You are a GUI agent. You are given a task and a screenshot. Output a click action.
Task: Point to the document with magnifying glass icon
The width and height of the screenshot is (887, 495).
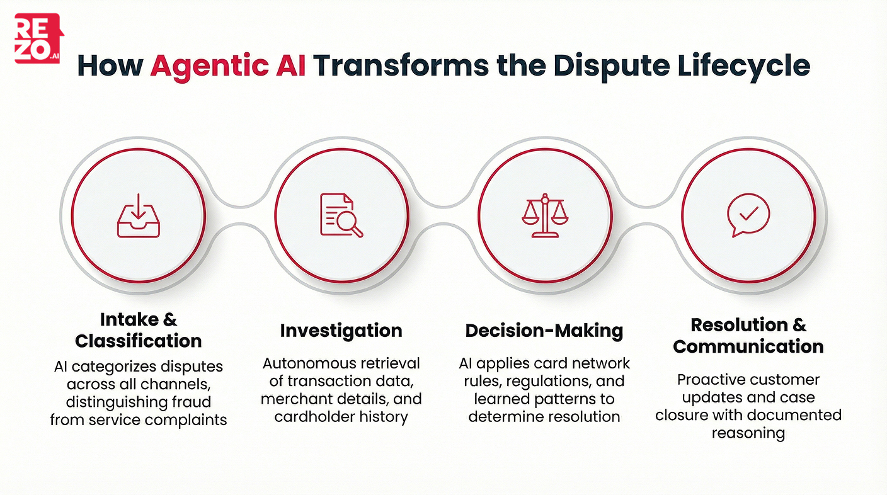(x=341, y=215)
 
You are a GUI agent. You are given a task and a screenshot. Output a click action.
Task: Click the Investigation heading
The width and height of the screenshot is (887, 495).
(x=341, y=331)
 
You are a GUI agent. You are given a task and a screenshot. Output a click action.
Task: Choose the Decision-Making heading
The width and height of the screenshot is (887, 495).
(x=544, y=331)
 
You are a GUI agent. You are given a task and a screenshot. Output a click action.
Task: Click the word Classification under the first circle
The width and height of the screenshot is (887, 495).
(x=138, y=341)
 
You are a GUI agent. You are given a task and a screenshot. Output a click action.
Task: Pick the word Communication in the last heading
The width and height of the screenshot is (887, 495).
(x=748, y=346)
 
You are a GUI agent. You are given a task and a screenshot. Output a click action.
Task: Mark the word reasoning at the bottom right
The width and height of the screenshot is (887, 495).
(x=748, y=433)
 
